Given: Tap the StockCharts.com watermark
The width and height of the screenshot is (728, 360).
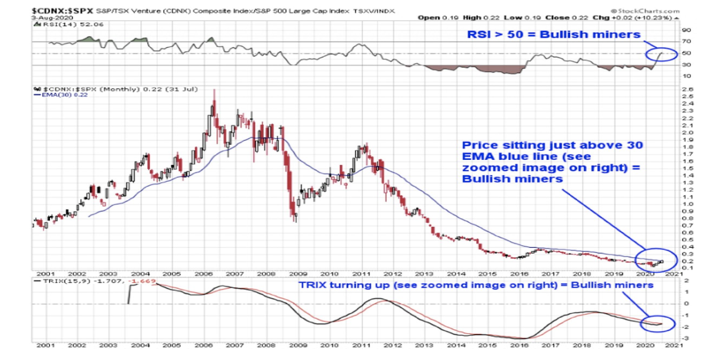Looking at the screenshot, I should (656, 11).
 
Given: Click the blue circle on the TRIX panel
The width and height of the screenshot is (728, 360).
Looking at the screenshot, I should (659, 323).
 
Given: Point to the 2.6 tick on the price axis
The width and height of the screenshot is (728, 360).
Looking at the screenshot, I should (685, 90).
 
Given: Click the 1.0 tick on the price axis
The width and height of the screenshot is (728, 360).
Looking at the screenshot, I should (685, 204).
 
